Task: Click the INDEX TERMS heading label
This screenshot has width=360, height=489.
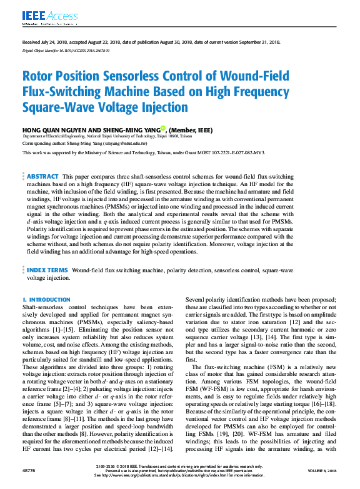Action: tap(47, 270)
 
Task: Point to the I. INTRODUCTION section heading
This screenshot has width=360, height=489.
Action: tap(46, 300)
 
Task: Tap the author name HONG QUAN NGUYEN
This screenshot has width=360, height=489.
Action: tap(51, 130)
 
